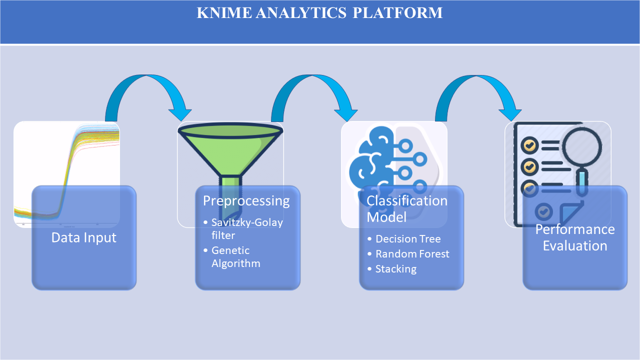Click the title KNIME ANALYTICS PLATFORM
click(319, 13)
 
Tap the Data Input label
click(84, 237)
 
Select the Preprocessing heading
click(246, 201)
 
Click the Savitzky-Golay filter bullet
click(247, 228)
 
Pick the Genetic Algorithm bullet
click(236, 256)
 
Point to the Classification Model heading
click(407, 208)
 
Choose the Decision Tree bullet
click(408, 238)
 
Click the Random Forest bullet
click(412, 254)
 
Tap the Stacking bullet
click(395, 269)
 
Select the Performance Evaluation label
click(575, 237)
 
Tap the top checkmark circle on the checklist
click(529, 145)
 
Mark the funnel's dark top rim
click(230, 129)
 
